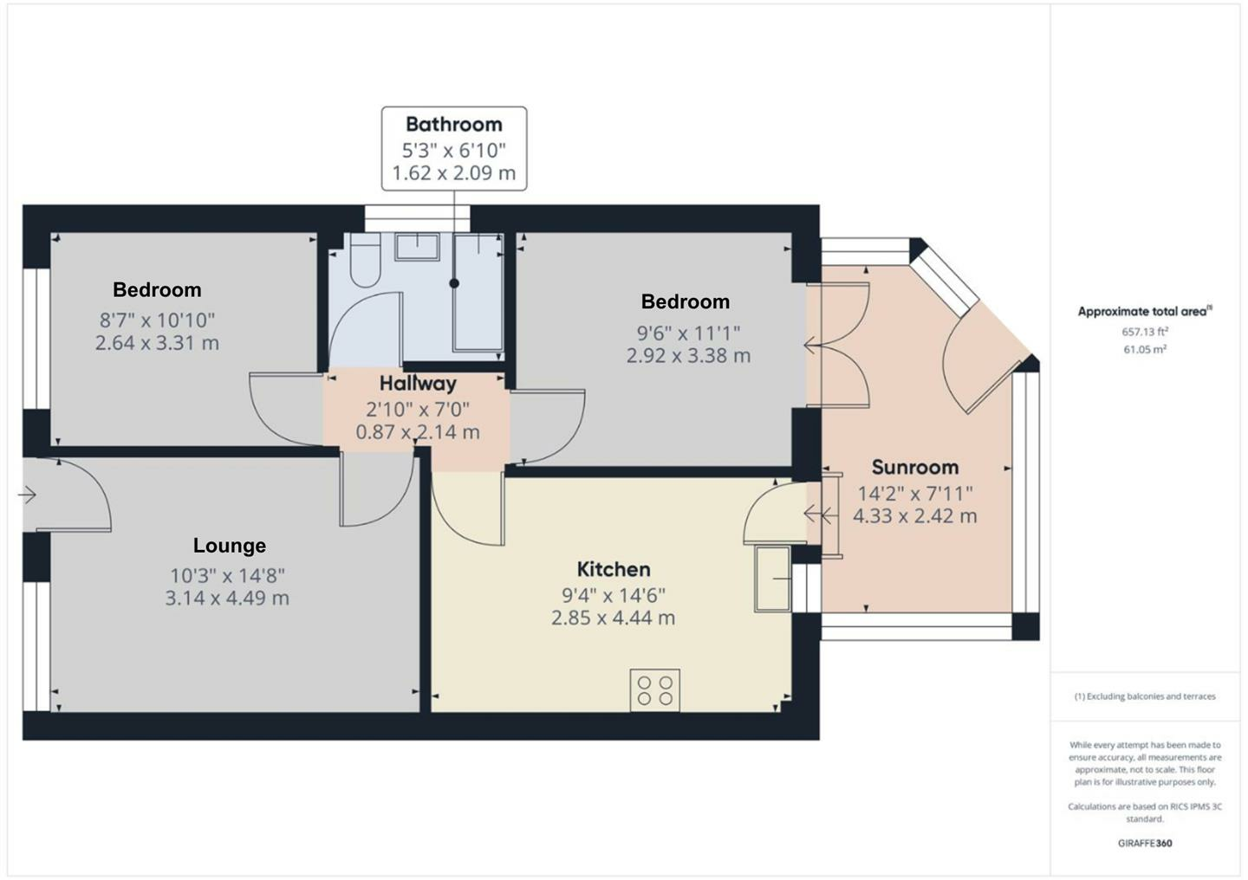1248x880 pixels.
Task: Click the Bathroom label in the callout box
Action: tap(453, 124)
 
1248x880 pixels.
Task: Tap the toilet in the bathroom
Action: tap(364, 262)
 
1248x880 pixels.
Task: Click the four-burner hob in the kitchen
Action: tap(655, 690)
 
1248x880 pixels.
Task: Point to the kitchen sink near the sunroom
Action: tap(772, 579)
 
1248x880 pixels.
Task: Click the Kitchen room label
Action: tap(614, 569)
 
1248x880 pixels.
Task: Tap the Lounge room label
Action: tap(229, 546)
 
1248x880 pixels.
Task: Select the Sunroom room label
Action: tap(914, 468)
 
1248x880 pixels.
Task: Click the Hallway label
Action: tap(418, 384)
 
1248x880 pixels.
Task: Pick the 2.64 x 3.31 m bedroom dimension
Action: tap(157, 343)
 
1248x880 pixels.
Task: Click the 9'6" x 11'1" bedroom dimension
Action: tap(688, 333)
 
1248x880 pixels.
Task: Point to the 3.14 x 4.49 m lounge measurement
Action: tap(227, 599)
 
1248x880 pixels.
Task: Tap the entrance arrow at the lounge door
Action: tap(27, 495)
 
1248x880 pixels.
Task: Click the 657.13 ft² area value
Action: tap(1143, 332)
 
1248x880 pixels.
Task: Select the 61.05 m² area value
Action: tap(1144, 350)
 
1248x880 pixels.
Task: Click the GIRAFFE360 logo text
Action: tap(1144, 843)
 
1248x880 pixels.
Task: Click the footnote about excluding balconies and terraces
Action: tap(1144, 696)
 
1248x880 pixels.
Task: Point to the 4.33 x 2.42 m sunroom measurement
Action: tap(914, 517)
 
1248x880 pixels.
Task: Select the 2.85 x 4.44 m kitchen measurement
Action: tap(613, 618)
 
